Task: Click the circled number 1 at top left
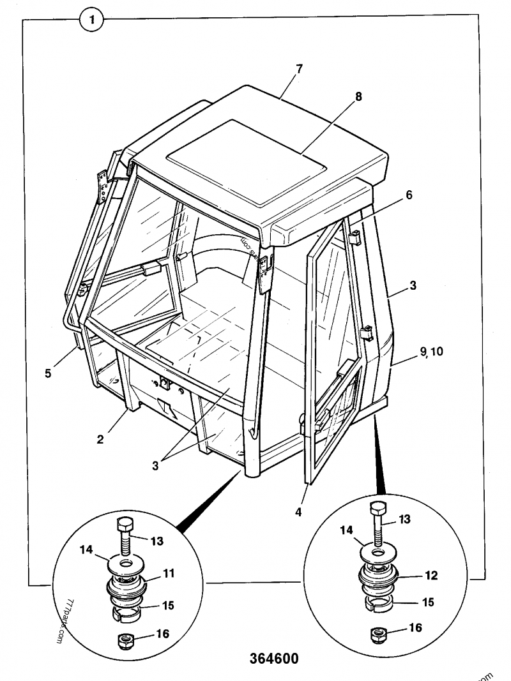(x=92, y=20)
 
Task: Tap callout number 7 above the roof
(x=298, y=69)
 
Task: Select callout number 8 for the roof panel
(x=358, y=96)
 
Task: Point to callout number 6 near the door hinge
(x=409, y=195)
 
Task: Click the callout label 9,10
(x=432, y=352)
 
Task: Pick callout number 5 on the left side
(x=48, y=373)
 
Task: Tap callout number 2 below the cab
(x=100, y=439)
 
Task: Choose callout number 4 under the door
(x=298, y=513)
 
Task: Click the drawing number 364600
(x=274, y=659)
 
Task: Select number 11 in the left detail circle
(x=169, y=573)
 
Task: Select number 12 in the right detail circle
(x=431, y=576)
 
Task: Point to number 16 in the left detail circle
(x=162, y=634)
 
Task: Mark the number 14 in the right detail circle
(x=346, y=530)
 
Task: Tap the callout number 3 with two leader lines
(x=156, y=466)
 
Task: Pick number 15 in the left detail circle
(x=168, y=605)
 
